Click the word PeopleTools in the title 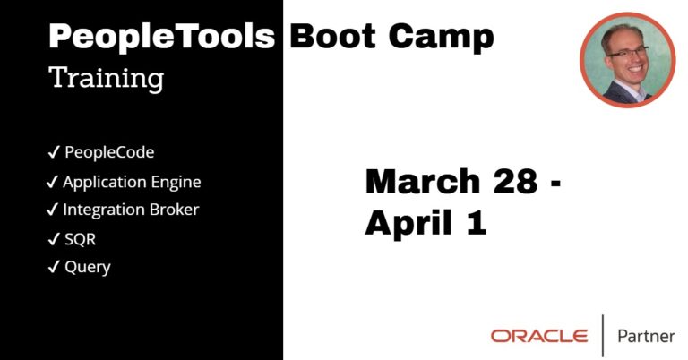(x=162, y=38)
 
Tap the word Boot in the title (x=332, y=36)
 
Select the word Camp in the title (x=442, y=38)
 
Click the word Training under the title (x=107, y=79)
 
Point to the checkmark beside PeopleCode (x=54, y=152)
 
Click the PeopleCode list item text (x=109, y=152)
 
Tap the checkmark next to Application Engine (x=52, y=182)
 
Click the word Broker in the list (x=174, y=210)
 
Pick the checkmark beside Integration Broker (x=52, y=210)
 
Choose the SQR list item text (x=80, y=239)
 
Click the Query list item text (x=87, y=268)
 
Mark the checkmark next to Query (x=54, y=267)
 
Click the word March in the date (x=423, y=181)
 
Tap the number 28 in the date (x=516, y=181)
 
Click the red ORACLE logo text (x=539, y=337)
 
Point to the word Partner (x=646, y=337)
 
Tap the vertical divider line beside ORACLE (x=602, y=336)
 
